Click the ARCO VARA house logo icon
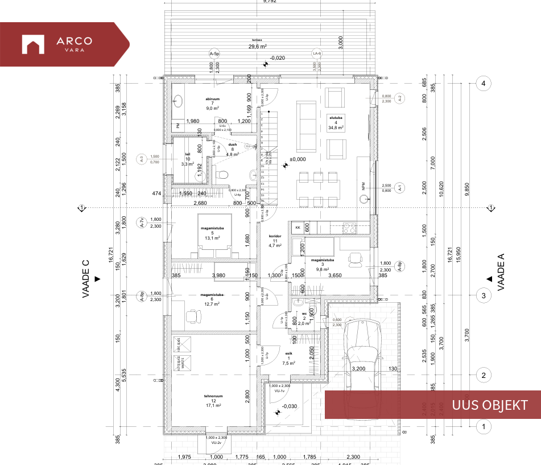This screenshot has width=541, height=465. [33, 44]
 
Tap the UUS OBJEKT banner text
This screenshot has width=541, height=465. [489, 405]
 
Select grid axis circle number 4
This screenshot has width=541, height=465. [483, 84]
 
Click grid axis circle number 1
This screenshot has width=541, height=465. [483, 426]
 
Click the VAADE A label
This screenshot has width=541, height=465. [501, 272]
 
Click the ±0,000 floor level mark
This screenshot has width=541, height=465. [298, 159]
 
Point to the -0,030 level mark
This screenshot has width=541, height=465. [289, 406]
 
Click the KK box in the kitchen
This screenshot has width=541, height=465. [298, 228]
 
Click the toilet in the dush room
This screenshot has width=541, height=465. [223, 175]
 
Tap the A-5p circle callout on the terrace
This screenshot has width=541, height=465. [214, 54]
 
